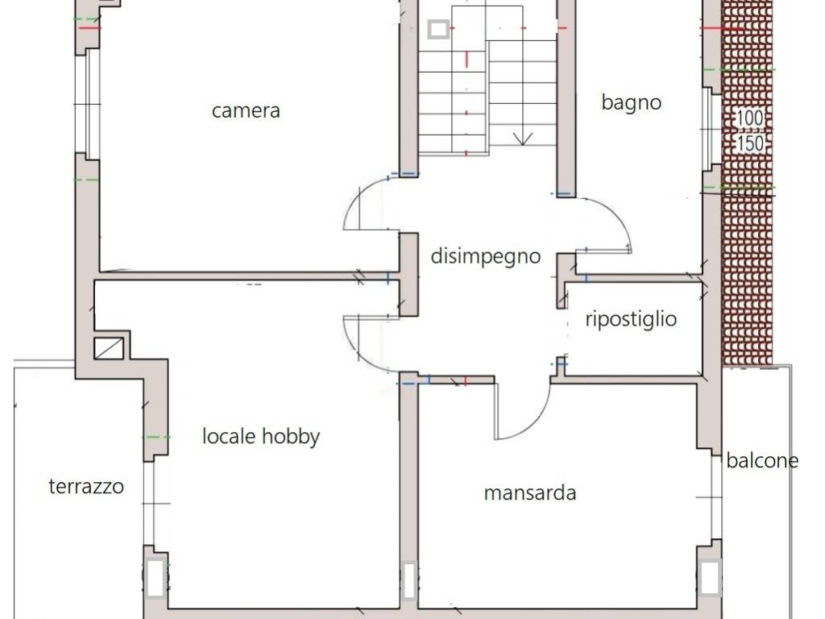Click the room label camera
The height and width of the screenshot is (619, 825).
click(246, 110)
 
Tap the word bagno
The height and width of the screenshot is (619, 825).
click(631, 102)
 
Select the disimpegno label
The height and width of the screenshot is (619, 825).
click(485, 257)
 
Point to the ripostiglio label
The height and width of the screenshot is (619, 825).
click(630, 319)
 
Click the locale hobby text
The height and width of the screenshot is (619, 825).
click(260, 437)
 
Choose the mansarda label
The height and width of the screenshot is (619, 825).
click(529, 492)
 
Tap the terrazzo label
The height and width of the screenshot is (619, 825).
click(86, 486)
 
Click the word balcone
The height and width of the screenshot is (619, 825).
click(761, 460)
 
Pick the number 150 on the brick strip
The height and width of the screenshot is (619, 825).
click(750, 143)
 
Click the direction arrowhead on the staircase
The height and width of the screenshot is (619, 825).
click(522, 139)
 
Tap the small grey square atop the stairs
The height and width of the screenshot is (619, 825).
click(438, 30)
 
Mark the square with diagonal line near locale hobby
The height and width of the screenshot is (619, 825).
click(110, 347)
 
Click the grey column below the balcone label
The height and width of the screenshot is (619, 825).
click(709, 578)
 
